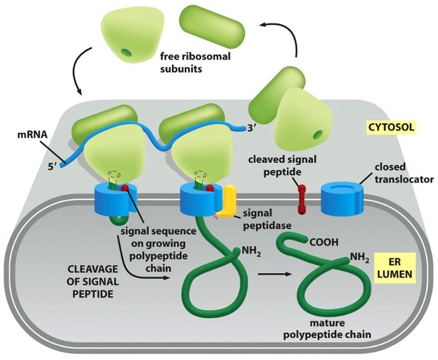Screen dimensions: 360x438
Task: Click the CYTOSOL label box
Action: coord(391,129)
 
